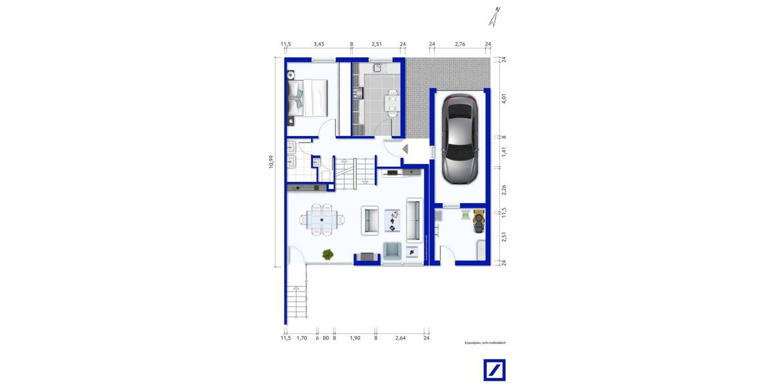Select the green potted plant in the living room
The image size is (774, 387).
[328, 254]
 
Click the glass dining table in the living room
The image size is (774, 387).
[321, 219]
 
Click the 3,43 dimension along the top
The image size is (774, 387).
[319, 45]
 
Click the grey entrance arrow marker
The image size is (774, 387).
[405, 149]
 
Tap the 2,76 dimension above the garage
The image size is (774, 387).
[460, 45]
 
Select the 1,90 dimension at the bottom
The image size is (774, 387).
[354, 337]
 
